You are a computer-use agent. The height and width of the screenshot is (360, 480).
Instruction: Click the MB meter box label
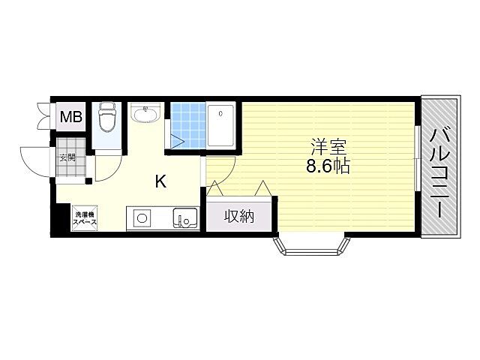(71, 117)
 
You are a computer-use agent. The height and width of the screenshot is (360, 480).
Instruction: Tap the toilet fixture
(106, 117)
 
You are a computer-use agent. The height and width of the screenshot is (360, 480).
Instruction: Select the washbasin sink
(145, 112)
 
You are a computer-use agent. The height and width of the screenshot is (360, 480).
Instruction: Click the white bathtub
(220, 125)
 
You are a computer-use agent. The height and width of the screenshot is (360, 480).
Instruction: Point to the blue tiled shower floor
(188, 125)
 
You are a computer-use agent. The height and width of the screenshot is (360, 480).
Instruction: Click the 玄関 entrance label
(67, 158)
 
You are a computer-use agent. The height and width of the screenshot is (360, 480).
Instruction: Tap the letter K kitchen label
(160, 181)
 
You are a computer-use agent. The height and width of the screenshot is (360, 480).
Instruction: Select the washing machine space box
(85, 218)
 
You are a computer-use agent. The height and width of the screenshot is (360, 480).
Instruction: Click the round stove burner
(142, 218)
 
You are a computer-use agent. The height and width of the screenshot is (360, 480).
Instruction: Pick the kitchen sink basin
(185, 218)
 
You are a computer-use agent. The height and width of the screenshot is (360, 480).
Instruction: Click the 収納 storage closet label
(239, 217)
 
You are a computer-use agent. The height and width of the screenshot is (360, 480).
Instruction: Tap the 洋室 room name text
(328, 147)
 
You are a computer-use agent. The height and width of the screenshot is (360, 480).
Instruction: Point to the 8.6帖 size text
(328, 166)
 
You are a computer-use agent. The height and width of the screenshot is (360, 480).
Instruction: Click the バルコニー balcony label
(440, 173)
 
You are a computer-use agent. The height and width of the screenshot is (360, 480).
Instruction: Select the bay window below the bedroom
(312, 245)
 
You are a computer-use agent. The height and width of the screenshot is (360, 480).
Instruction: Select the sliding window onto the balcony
(417, 158)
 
